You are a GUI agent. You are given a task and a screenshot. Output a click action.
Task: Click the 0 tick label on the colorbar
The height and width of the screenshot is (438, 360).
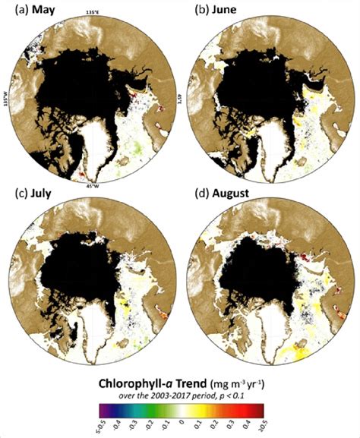pos(181,427)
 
